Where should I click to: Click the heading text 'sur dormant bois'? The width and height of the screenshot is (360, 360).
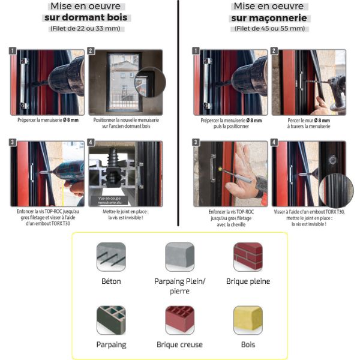pos(86,17)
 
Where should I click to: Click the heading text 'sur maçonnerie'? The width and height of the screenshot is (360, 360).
pos(269,18)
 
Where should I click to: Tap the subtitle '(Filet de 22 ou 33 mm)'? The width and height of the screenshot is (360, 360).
pos(85,28)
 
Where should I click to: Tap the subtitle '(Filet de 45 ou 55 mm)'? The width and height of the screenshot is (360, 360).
pos(270,28)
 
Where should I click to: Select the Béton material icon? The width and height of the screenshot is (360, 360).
pos(111,257)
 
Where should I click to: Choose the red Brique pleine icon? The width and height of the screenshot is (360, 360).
pos(248,257)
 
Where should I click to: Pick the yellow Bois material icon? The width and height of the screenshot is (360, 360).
pos(248,320)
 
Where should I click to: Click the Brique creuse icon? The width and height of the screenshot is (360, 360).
pos(179,320)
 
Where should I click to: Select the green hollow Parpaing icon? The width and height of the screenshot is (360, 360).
pos(111,320)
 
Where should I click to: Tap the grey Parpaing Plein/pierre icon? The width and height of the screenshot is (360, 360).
pos(179,257)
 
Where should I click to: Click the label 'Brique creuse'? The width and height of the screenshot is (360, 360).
pos(179,344)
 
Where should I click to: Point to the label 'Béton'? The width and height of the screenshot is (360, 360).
pos(111,281)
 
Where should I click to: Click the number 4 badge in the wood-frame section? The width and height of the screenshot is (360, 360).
pos(91,142)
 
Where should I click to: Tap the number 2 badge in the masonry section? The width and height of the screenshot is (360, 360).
pos(274,51)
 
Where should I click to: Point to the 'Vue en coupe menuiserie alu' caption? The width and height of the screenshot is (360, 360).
pos(110,200)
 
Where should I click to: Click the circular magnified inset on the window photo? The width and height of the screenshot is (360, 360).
pos(150,82)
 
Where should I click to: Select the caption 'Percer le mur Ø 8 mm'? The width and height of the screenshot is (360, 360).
pos(309,121)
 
